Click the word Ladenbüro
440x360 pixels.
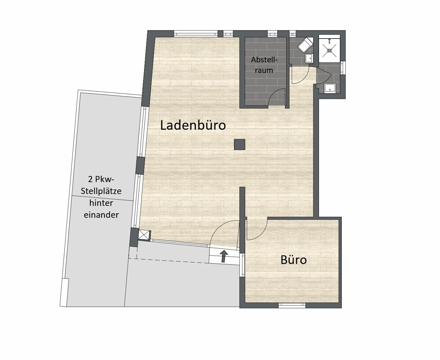click(193, 126)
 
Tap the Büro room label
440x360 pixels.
click(294, 260)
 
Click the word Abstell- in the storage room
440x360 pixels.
click(264, 60)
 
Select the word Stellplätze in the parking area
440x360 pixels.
click(101, 191)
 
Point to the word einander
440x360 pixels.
click(101, 215)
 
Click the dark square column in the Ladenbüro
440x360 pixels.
click(239, 145)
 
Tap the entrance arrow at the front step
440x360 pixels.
click(224, 256)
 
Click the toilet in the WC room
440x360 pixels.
click(305, 45)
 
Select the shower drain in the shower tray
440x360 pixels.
click(329, 50)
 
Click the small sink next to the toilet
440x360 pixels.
click(309, 58)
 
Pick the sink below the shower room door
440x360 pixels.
click(330, 87)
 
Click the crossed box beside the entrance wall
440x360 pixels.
click(144, 235)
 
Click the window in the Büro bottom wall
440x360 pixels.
click(292, 305)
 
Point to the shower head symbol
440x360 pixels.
click(329, 40)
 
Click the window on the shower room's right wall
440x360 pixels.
click(342, 68)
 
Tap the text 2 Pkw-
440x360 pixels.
click(101, 179)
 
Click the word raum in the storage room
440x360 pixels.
click(264, 70)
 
